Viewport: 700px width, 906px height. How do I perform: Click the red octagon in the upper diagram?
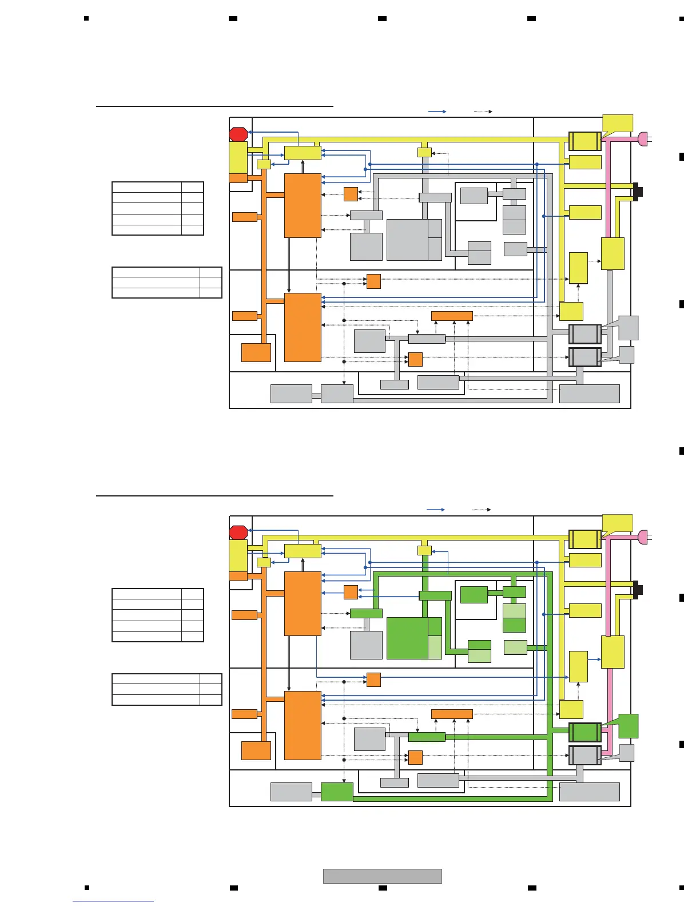click(x=238, y=134)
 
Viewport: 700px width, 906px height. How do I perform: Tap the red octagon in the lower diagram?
click(x=238, y=533)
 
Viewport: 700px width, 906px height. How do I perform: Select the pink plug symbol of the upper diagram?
click(x=642, y=138)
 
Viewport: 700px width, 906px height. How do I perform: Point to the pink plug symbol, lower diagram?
click(x=642, y=537)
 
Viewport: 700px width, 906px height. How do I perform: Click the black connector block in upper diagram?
click(x=638, y=192)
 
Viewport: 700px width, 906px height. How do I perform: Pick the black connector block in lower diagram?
click(x=638, y=590)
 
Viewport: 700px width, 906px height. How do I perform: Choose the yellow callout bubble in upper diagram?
click(x=618, y=124)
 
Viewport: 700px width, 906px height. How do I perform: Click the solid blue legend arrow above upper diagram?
click(x=437, y=112)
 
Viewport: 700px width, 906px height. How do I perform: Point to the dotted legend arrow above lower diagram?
click(x=482, y=510)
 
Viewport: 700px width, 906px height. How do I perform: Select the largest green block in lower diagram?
click(x=407, y=638)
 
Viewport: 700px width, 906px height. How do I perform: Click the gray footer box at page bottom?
click(x=382, y=876)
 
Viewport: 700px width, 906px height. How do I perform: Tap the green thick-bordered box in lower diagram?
click(x=584, y=732)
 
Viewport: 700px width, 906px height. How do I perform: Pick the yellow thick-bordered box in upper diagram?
click(x=584, y=141)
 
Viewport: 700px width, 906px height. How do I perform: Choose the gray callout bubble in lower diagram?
click(x=626, y=753)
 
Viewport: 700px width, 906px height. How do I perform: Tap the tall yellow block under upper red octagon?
click(x=238, y=157)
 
